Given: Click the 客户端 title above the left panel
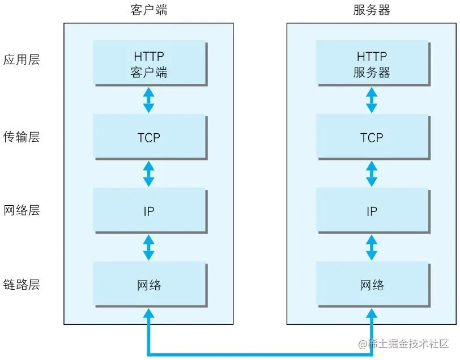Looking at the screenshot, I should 148,10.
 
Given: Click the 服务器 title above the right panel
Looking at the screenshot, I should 371,10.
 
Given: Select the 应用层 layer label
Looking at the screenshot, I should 22,60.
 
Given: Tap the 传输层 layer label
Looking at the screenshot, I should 22,137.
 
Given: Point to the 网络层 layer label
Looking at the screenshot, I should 22,210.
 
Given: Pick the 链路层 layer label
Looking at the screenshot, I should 22,285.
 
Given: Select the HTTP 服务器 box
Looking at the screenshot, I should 372,64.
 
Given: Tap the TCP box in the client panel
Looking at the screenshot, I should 148,137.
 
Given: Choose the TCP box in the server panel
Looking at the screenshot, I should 372,137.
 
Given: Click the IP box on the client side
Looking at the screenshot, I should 148,211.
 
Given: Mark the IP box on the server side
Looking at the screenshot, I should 372,211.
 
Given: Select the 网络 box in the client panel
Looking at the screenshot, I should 148,285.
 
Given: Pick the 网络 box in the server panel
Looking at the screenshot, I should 372,285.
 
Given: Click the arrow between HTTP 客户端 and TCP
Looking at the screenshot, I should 148,100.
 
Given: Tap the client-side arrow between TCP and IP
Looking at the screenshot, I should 148,173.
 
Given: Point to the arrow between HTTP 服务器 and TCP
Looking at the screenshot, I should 372,100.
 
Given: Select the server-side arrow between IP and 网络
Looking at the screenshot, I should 372,247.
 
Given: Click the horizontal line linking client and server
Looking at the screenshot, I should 255,354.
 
